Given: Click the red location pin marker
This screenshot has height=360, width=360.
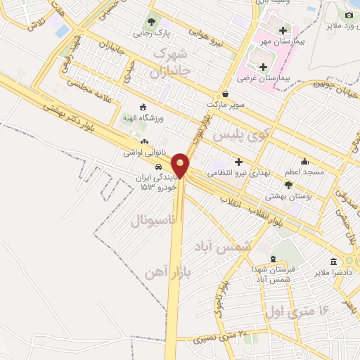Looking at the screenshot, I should pos(181,165).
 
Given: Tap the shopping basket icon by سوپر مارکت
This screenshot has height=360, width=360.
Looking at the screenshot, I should pos(225,93).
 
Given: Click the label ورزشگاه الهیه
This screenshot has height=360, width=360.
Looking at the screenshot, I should pos(143,118).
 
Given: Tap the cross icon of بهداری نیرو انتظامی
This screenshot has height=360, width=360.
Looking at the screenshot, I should pos(238,161).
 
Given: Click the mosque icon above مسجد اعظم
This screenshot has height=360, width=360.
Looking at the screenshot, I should pos(304,161).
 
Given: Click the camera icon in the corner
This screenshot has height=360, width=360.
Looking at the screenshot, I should pos(349,15).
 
